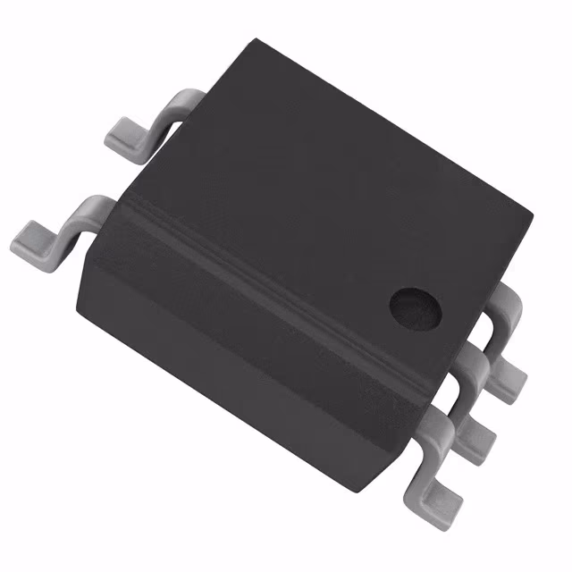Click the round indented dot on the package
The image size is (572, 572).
(416, 307)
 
